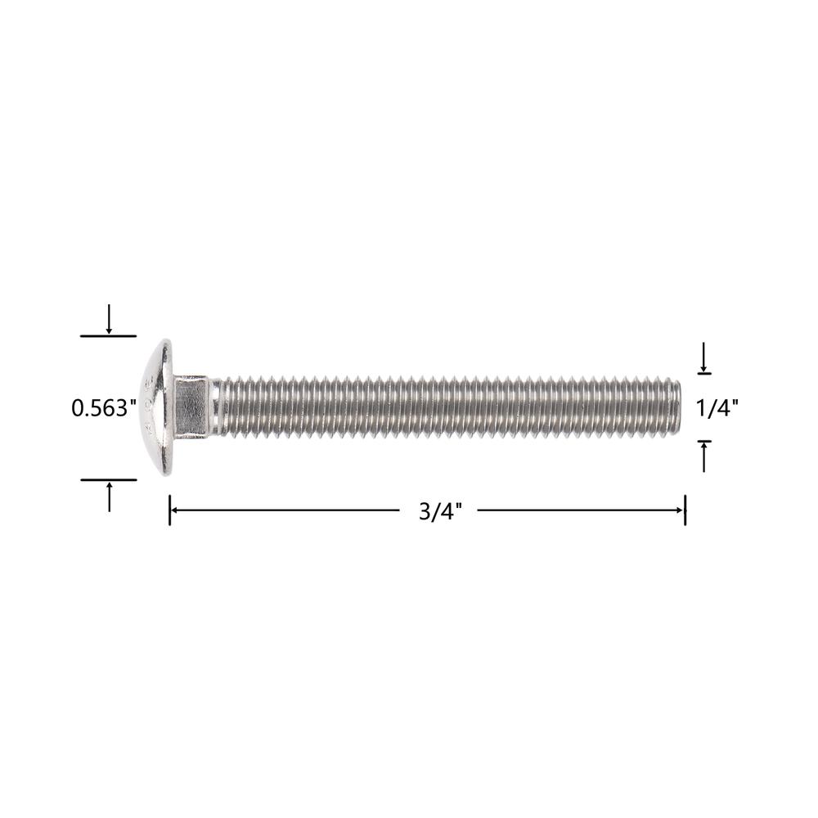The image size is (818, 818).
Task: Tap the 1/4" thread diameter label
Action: [717, 407]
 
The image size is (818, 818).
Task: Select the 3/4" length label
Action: [440, 511]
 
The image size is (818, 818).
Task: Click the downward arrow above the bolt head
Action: [109, 319]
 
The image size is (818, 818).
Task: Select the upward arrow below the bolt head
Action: [109, 497]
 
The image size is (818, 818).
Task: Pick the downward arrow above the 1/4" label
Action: [703, 357]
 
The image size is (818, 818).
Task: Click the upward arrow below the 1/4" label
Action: [704, 457]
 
